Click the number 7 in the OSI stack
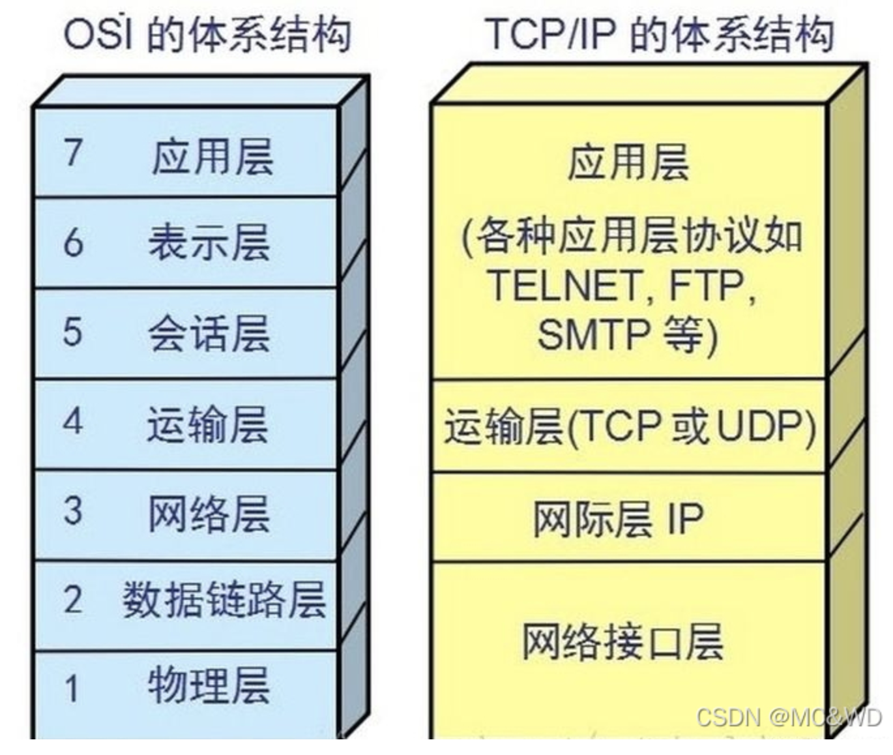73,153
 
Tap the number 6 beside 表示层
73,243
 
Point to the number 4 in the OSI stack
73,421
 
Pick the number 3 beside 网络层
73,511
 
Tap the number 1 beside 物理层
72,688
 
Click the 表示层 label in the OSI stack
209,243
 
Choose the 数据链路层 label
224,600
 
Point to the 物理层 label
209,686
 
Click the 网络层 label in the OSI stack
209,514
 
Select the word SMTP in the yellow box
593,334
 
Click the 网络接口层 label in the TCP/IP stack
622,642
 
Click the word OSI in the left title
98,34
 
